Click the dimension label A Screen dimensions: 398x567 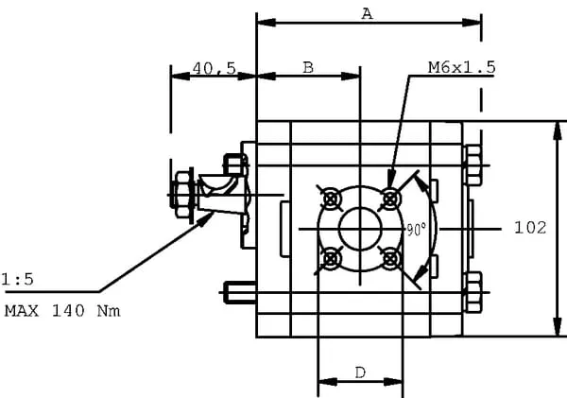pos(368,12)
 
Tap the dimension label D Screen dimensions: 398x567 pos(360,372)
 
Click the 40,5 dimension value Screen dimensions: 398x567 pos(214,67)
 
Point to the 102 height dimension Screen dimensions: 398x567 pos(530,227)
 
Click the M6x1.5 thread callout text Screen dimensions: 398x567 pos(461,67)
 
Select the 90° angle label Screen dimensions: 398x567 pos(415,230)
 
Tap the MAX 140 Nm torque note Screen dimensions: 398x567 pos(62,310)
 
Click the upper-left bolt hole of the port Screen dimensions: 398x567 pos(331,199)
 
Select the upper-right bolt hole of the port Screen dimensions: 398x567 pos(389,199)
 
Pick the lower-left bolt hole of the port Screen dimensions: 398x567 pos(331,257)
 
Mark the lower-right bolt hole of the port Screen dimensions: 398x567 pos(389,257)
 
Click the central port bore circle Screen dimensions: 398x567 pos(360,228)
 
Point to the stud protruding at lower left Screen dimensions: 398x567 pos(238,293)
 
